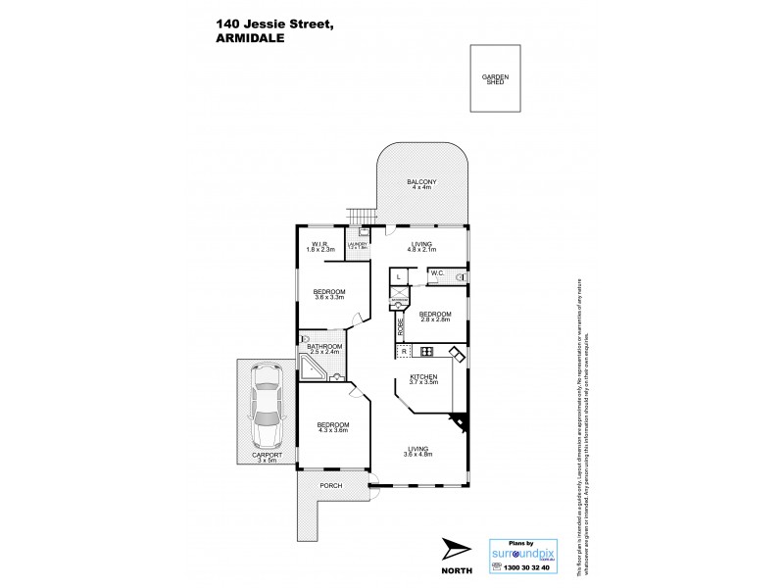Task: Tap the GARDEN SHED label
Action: click(495, 80)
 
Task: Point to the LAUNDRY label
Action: click(358, 246)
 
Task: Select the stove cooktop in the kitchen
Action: click(427, 352)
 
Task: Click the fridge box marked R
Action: click(403, 352)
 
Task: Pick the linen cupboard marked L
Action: click(400, 278)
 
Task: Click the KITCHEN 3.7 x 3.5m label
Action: click(423, 379)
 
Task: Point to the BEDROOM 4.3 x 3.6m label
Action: click(332, 426)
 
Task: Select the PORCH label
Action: click(329, 486)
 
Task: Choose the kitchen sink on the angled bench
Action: click(456, 354)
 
